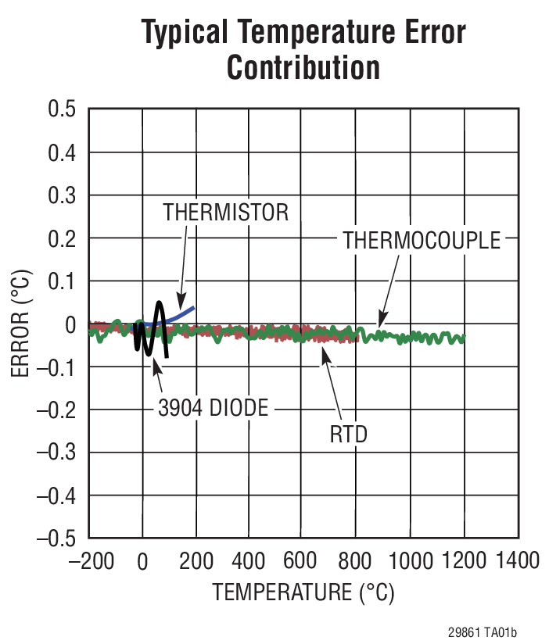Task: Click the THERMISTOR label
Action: click(x=226, y=212)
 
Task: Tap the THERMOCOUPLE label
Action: click(x=421, y=240)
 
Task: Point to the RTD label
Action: click(x=349, y=434)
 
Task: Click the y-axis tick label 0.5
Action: click(x=62, y=109)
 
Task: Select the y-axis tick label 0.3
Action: click(x=62, y=195)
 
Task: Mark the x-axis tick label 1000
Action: click(x=410, y=561)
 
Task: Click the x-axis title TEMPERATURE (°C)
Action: click(x=303, y=592)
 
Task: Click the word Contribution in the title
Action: click(x=303, y=68)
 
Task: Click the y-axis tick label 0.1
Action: click(x=62, y=281)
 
